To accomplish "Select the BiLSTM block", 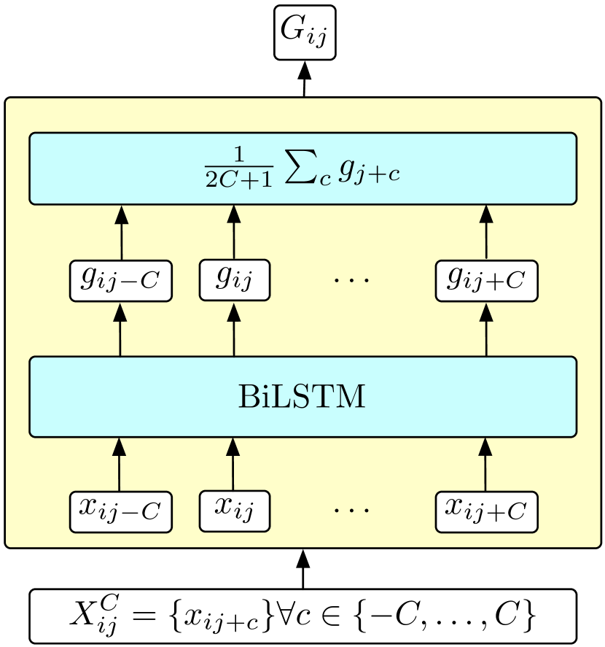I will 302,397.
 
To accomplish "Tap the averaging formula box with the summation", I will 302,168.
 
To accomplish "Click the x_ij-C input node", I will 120,511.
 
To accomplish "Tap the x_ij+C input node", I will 486,511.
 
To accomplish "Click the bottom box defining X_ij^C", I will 302,616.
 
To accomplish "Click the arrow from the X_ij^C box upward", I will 303,569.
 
